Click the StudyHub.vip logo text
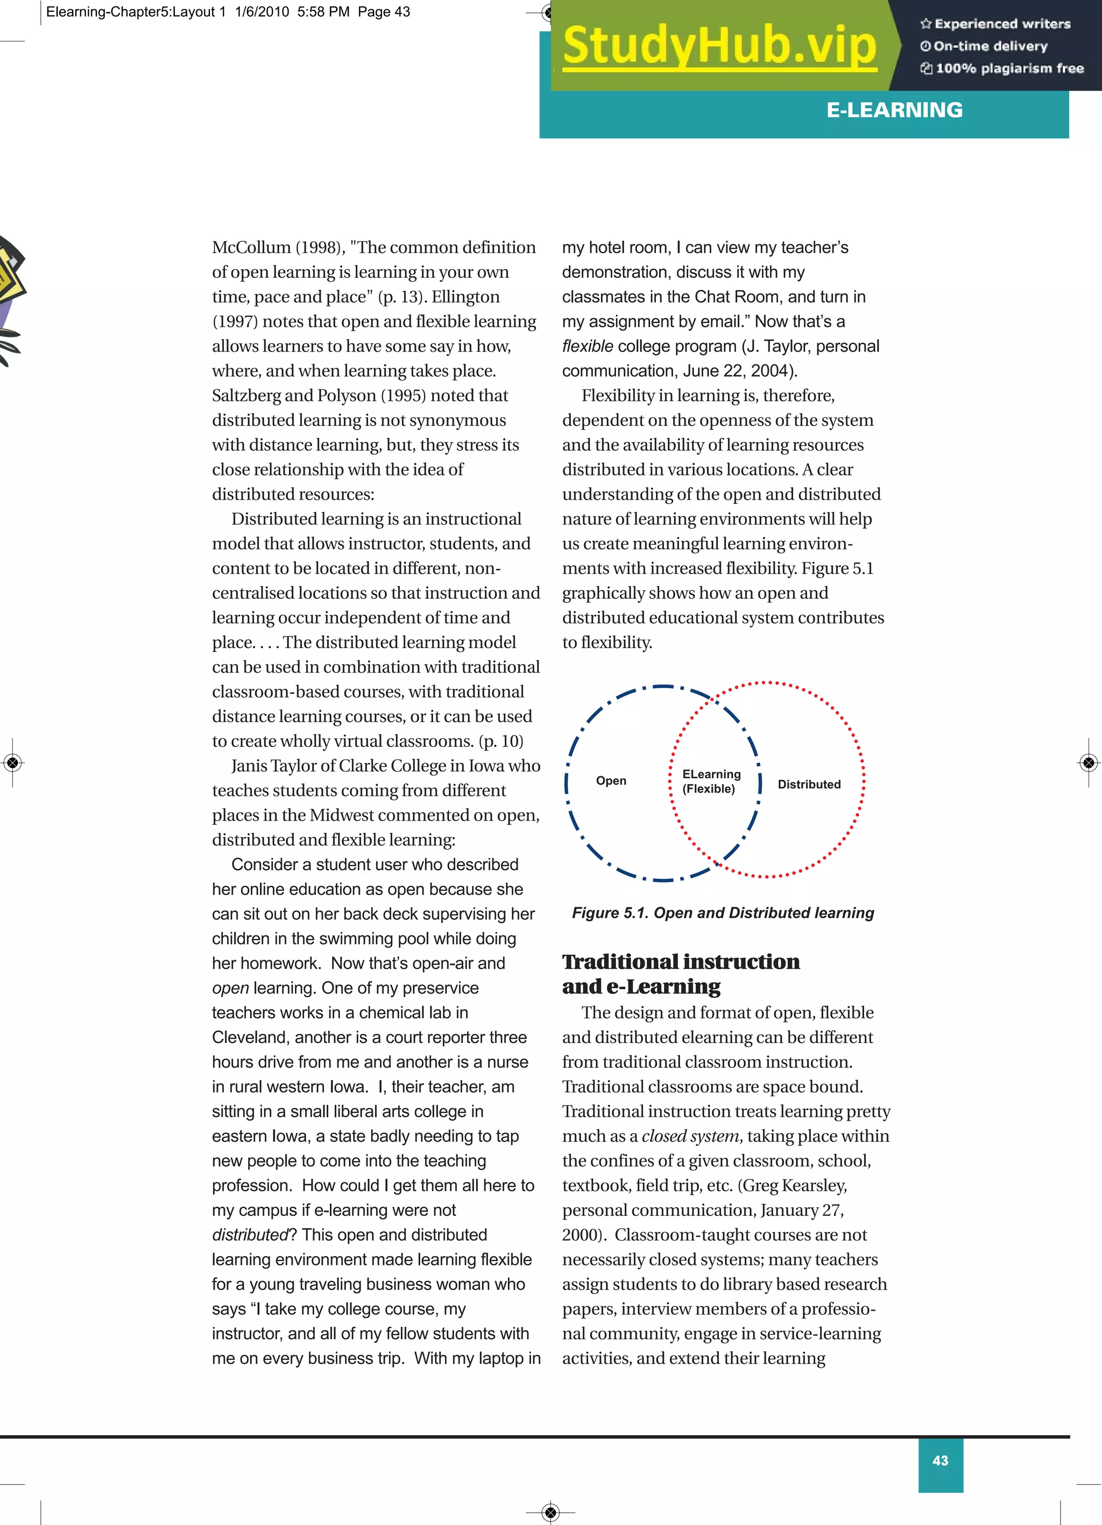[719, 46]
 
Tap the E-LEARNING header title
[894, 110]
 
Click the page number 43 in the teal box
[940, 1460]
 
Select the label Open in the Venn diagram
[611, 781]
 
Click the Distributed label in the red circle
[809, 784]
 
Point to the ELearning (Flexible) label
[711, 781]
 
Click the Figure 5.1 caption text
[722, 912]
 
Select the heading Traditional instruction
[680, 962]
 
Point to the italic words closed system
[690, 1136]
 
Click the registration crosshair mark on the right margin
[1089, 762]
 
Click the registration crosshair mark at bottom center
[550, 1512]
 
